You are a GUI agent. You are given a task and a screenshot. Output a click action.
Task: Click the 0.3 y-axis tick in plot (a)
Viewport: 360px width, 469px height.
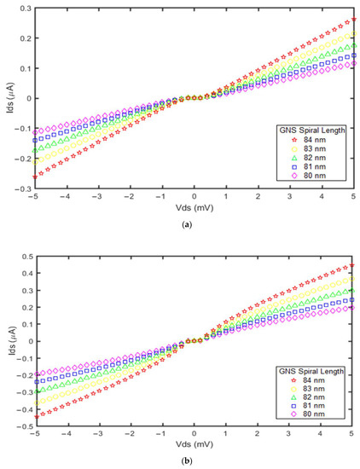(x=26, y=8)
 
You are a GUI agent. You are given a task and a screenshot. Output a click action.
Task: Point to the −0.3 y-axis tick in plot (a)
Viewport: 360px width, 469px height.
(x=24, y=188)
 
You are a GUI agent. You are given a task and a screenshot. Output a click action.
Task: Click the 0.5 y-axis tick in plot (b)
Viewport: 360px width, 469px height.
(x=26, y=257)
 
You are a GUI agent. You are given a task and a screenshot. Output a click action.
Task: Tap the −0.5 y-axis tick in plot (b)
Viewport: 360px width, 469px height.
(x=24, y=427)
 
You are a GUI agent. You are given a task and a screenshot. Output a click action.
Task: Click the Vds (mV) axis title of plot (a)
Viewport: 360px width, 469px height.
(x=195, y=207)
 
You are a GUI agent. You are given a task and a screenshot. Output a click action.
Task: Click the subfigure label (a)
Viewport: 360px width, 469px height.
(x=187, y=225)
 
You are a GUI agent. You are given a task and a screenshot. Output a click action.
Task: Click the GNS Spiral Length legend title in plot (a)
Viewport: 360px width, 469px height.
(x=311, y=130)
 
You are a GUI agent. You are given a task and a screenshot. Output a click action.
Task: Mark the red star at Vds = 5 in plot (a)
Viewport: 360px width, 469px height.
(x=354, y=20)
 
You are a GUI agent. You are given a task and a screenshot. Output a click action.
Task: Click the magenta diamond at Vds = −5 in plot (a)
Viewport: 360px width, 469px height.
(x=35, y=132)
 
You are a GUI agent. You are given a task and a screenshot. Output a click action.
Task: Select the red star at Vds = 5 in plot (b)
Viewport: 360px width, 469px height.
(x=352, y=265)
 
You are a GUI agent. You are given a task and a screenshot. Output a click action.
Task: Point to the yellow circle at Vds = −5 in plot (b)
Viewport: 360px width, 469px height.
(x=37, y=403)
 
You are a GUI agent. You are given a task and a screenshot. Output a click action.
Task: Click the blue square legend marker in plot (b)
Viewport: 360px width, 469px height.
(x=294, y=406)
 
